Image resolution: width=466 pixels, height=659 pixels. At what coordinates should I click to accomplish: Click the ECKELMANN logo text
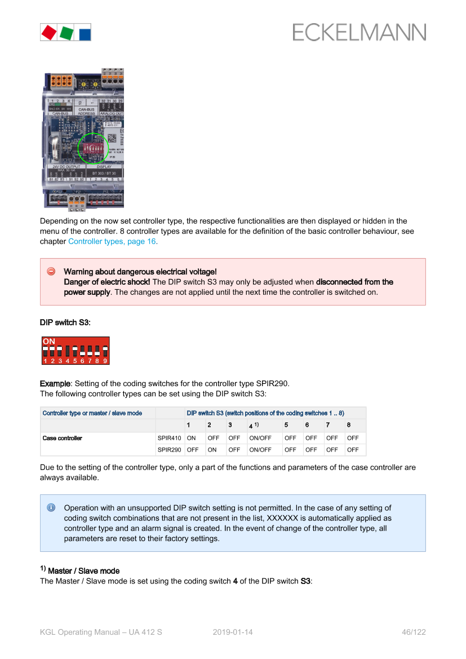pos(359,32)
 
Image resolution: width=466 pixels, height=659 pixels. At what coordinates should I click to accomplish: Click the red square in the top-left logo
pos(48,32)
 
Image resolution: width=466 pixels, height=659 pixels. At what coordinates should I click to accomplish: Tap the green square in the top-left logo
pos(66,32)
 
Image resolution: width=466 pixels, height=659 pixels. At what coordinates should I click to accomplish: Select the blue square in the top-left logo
pos(84,33)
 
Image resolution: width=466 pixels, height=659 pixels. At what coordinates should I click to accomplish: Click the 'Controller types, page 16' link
pos(112,241)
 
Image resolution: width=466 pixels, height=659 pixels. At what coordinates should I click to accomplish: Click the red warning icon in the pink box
pos(51,272)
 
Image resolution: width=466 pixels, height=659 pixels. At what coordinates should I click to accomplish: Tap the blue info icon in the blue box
pos(51,507)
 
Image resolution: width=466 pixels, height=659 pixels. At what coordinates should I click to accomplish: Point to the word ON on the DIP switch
pos(49,342)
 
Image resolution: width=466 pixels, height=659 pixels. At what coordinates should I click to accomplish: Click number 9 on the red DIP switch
pos(105,361)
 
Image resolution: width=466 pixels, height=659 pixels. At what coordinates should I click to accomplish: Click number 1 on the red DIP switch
pos(45,361)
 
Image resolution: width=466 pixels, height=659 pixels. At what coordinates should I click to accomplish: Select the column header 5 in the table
pos(286,425)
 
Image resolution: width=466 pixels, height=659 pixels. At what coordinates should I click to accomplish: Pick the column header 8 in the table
pos(349,425)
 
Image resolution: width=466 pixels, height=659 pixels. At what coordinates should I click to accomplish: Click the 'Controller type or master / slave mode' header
pos(92,413)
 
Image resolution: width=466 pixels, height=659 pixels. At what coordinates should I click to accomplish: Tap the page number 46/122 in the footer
pos(413,632)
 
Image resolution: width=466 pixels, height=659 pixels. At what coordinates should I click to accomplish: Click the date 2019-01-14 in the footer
pos(233,632)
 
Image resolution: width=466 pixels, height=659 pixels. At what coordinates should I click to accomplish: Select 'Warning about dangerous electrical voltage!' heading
pos(140,272)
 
